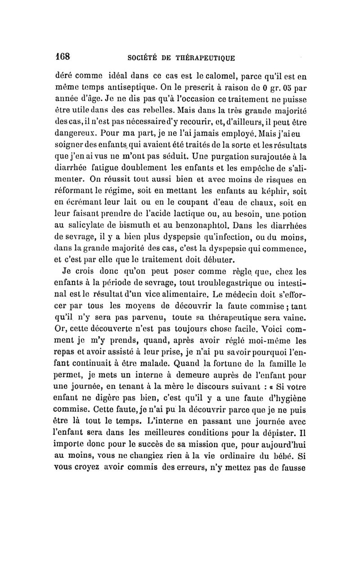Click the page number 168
click(62, 57)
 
